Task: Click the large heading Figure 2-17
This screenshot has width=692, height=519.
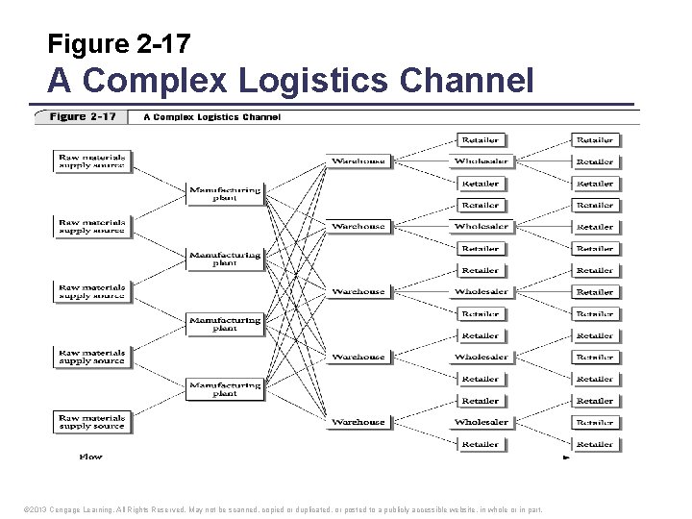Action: (x=119, y=43)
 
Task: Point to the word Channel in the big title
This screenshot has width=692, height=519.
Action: (x=468, y=80)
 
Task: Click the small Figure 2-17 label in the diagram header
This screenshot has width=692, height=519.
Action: (x=82, y=117)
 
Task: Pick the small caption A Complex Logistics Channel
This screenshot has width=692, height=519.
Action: (x=211, y=117)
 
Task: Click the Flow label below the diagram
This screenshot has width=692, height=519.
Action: (x=90, y=457)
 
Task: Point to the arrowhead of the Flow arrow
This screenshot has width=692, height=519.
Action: (x=566, y=457)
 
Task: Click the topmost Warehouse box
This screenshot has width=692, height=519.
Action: (x=358, y=161)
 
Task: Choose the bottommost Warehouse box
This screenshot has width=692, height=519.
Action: (x=358, y=422)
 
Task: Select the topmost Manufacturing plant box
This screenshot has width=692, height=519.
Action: (x=225, y=193)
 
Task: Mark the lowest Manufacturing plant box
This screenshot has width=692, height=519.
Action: (x=225, y=389)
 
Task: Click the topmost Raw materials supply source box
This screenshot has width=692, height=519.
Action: (x=91, y=161)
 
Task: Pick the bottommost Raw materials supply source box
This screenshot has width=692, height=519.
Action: (x=91, y=422)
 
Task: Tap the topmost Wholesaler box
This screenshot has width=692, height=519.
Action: (x=481, y=161)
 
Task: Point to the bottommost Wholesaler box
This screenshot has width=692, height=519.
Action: (x=481, y=422)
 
